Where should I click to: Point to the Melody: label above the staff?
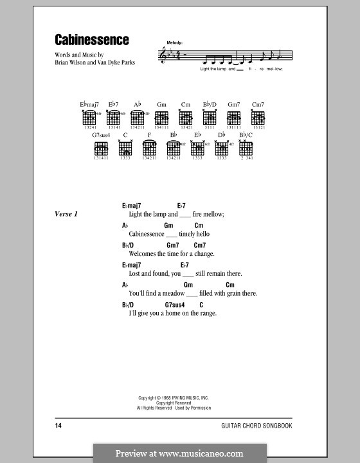pos(174,42)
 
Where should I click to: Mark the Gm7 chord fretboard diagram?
pos(234,118)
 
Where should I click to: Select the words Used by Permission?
pos(192,408)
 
